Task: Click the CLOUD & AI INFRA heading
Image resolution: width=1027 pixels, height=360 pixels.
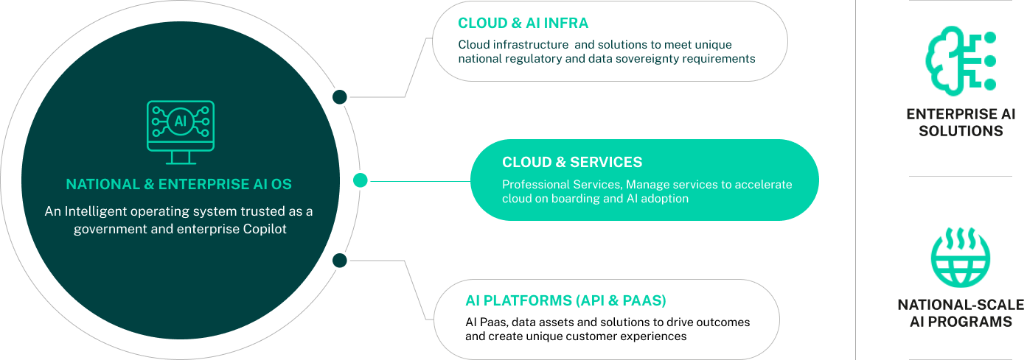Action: tap(523, 24)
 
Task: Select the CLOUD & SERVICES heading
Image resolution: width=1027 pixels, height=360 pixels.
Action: tap(572, 162)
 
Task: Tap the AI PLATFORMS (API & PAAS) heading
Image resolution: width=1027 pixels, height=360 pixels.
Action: tap(565, 300)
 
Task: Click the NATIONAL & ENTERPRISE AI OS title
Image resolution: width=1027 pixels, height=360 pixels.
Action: tap(179, 185)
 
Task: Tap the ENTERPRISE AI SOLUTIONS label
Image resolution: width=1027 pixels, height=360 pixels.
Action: tap(960, 123)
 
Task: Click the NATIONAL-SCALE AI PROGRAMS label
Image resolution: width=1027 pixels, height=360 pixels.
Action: tap(960, 313)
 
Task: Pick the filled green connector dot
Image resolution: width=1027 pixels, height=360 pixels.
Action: tap(360, 180)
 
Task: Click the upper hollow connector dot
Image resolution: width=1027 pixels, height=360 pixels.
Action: tap(339, 96)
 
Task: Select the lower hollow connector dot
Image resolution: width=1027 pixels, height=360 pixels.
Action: tap(339, 260)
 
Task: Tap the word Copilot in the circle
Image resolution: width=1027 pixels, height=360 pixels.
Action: tap(261, 229)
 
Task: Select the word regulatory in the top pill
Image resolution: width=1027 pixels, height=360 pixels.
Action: tap(531, 58)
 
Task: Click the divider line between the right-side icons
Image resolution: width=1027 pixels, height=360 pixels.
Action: tap(960, 176)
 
